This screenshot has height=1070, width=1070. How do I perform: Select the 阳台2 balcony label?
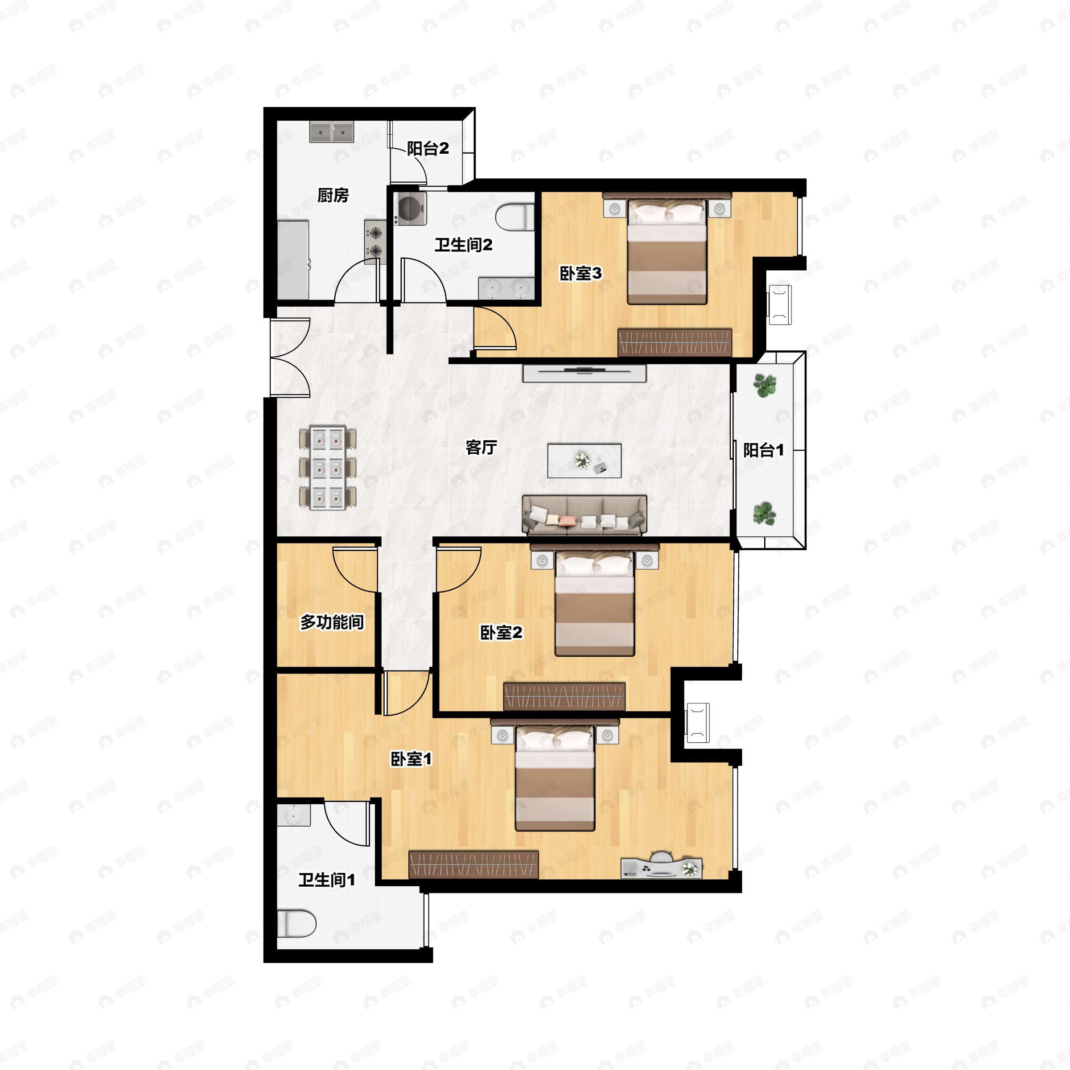[x=428, y=148]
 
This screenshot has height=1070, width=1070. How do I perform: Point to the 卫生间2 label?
[x=463, y=244]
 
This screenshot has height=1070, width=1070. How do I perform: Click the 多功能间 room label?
[x=332, y=622]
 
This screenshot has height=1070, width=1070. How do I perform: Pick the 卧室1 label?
[x=411, y=759]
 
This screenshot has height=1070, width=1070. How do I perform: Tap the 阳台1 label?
[x=763, y=450]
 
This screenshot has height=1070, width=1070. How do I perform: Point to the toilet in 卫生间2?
[x=514, y=217]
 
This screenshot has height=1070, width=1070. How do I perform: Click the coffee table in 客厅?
[x=584, y=460]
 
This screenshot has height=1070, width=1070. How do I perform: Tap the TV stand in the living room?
[x=585, y=373]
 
